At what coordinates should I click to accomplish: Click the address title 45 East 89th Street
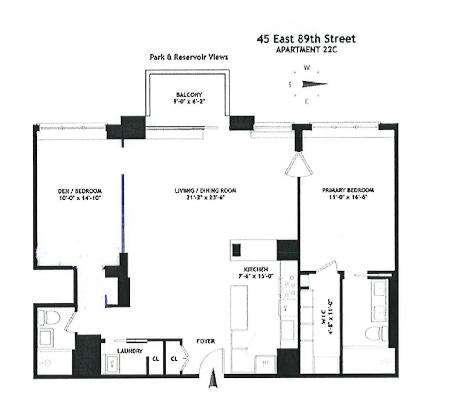[x=306, y=39]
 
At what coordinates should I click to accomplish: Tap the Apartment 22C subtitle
[x=306, y=50]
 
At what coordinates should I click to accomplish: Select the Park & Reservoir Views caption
[x=189, y=57]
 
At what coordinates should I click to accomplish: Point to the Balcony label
[x=189, y=95]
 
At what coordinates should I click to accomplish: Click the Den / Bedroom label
[x=80, y=191]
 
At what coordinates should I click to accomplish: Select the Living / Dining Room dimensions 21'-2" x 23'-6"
[x=206, y=197]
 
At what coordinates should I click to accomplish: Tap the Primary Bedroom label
[x=348, y=190]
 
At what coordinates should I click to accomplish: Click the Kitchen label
[x=256, y=269]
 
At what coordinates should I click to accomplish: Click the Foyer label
[x=206, y=341]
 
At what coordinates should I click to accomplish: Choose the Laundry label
[x=130, y=351]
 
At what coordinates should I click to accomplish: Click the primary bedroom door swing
[x=299, y=166]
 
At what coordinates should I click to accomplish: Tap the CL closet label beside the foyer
[x=174, y=359]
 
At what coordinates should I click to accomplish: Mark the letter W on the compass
[x=307, y=68]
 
